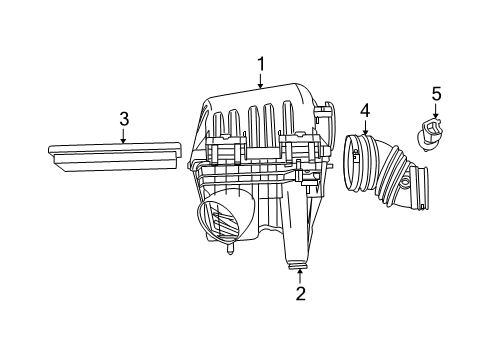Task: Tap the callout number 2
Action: click(x=299, y=293)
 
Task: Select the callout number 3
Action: click(x=123, y=119)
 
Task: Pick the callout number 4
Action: click(x=365, y=109)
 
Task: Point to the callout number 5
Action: click(x=435, y=94)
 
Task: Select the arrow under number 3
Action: click(x=123, y=136)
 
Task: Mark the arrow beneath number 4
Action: click(x=365, y=126)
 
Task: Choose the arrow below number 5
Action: click(x=435, y=111)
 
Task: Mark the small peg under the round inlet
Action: click(x=231, y=252)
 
